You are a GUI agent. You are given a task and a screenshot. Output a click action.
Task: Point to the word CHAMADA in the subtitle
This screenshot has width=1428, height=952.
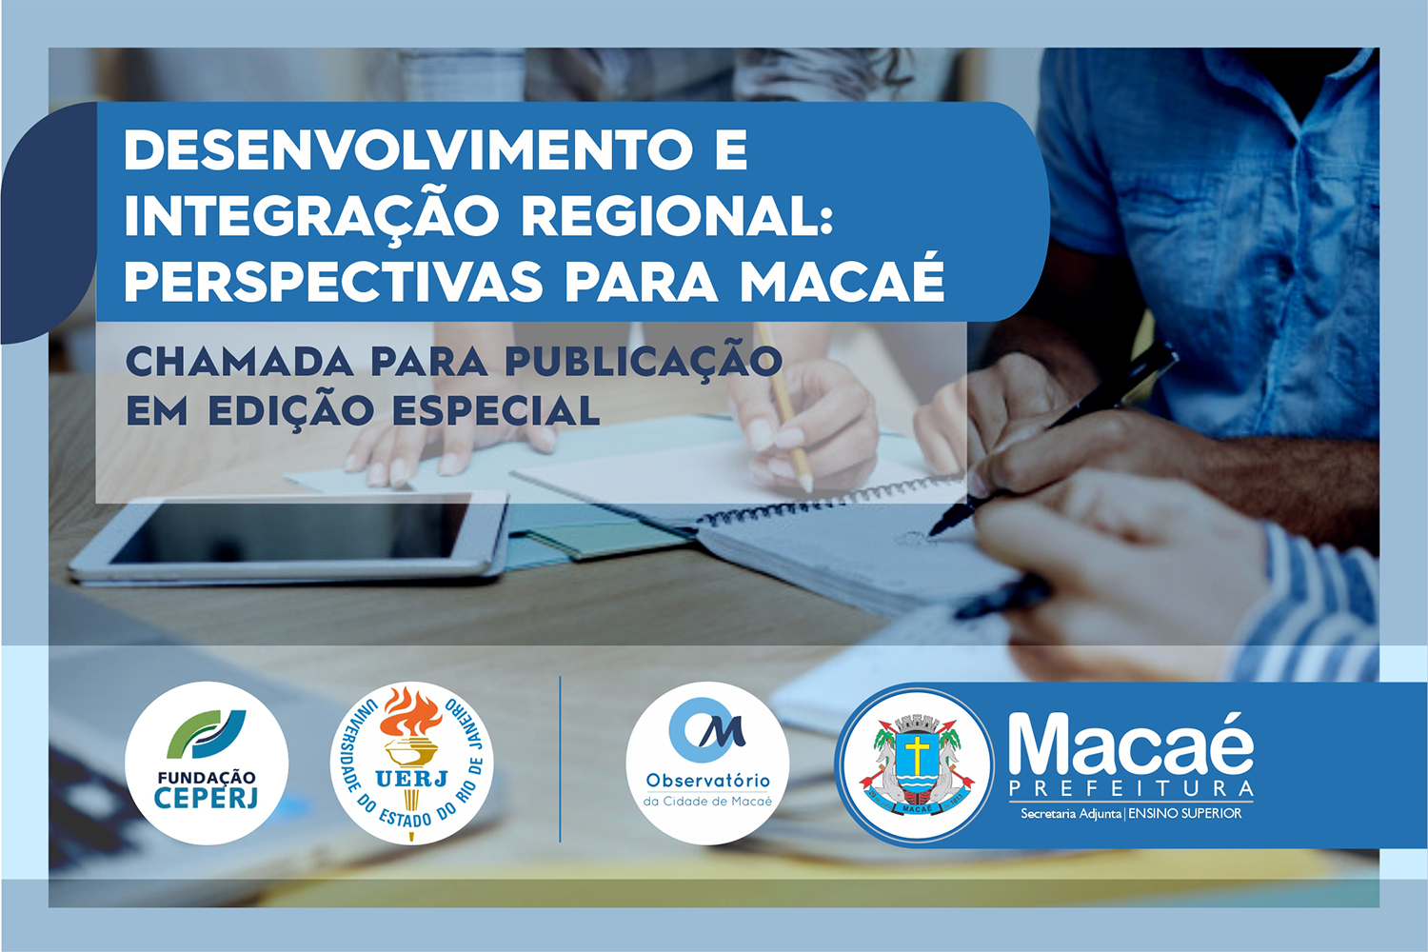240,362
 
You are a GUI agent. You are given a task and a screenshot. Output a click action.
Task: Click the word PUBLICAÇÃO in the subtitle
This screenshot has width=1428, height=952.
644,360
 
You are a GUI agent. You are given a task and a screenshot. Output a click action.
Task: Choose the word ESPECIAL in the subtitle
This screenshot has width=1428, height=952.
496,410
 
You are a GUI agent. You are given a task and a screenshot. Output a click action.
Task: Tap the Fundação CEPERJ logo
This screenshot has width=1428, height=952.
207,763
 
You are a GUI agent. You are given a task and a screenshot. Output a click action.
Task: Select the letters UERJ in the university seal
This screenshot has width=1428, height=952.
411,778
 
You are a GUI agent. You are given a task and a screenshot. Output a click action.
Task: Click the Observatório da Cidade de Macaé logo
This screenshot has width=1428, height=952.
707,764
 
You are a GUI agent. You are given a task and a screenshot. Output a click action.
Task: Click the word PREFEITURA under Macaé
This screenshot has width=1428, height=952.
1131,789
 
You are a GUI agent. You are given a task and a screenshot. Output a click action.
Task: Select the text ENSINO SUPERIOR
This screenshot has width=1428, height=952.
1185,814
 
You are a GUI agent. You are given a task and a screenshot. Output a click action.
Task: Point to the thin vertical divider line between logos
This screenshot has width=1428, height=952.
560,759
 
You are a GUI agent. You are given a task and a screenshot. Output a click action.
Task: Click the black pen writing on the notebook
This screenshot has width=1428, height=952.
1053,439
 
